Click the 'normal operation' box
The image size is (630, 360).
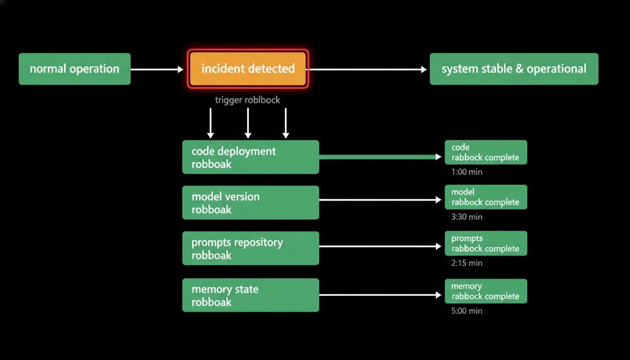75,69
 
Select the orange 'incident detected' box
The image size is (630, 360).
248,69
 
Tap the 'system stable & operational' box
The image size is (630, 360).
514,69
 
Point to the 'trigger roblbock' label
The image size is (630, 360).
247,100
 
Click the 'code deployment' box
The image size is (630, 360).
251,157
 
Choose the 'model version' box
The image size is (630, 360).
251,202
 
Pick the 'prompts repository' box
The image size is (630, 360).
251,248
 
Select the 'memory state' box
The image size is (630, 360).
251,295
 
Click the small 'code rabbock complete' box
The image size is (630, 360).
486,152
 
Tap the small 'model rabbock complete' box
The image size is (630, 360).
486,197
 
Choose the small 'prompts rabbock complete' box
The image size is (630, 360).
486,243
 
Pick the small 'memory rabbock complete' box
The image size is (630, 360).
486,291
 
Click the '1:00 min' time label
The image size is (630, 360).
466,172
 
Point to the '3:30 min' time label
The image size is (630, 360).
466,217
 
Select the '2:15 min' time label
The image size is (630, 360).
466,263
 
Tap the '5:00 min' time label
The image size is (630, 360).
466,311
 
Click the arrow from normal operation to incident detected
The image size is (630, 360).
157,69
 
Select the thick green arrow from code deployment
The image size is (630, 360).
380,157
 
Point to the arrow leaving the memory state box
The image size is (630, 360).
380,295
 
